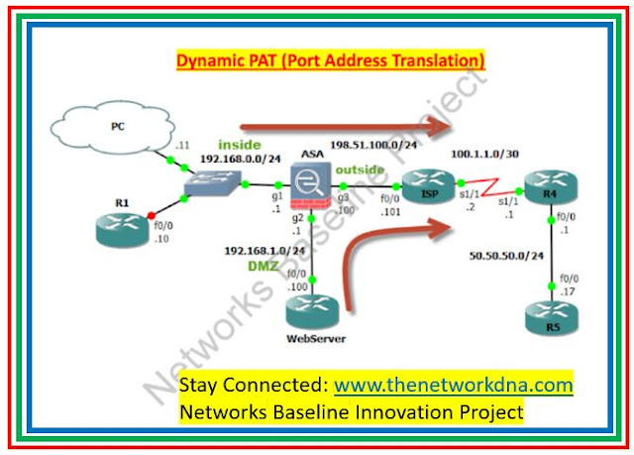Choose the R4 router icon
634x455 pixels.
(x=549, y=186)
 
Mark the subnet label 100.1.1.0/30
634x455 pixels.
(x=483, y=155)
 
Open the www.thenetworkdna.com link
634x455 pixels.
(x=454, y=384)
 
